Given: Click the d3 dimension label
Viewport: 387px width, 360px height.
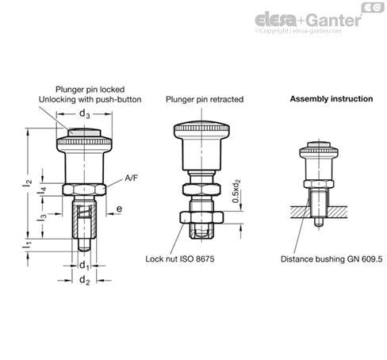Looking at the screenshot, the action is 85,114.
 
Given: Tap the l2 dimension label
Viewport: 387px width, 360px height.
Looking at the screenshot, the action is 27,183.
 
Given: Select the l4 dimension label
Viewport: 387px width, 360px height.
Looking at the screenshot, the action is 41,190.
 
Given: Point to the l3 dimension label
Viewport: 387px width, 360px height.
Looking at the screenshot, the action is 41,217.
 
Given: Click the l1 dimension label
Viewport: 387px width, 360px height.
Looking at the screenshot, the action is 27,244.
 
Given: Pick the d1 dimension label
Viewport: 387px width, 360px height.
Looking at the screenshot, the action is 85,265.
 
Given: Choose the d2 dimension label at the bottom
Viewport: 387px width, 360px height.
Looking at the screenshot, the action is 85,280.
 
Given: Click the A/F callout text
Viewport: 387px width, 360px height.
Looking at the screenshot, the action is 131,178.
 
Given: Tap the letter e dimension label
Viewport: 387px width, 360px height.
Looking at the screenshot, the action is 120,209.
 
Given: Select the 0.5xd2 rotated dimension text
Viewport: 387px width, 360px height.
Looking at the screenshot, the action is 236,191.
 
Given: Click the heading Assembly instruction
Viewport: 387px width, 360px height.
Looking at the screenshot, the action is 331,99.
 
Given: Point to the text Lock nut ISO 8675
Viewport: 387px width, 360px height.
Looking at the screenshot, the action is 180,259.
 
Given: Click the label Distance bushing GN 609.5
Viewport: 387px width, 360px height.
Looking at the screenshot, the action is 331,259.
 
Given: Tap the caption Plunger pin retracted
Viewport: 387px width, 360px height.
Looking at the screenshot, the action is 205,99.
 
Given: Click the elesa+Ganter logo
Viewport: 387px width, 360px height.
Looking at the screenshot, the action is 308,20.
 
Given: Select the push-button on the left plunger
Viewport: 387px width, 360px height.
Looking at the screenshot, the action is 84,132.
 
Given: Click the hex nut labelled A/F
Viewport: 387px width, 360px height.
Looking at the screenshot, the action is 84,190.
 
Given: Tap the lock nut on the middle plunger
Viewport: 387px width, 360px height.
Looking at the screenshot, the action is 201,217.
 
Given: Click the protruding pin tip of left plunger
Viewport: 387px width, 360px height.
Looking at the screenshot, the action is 84,245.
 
